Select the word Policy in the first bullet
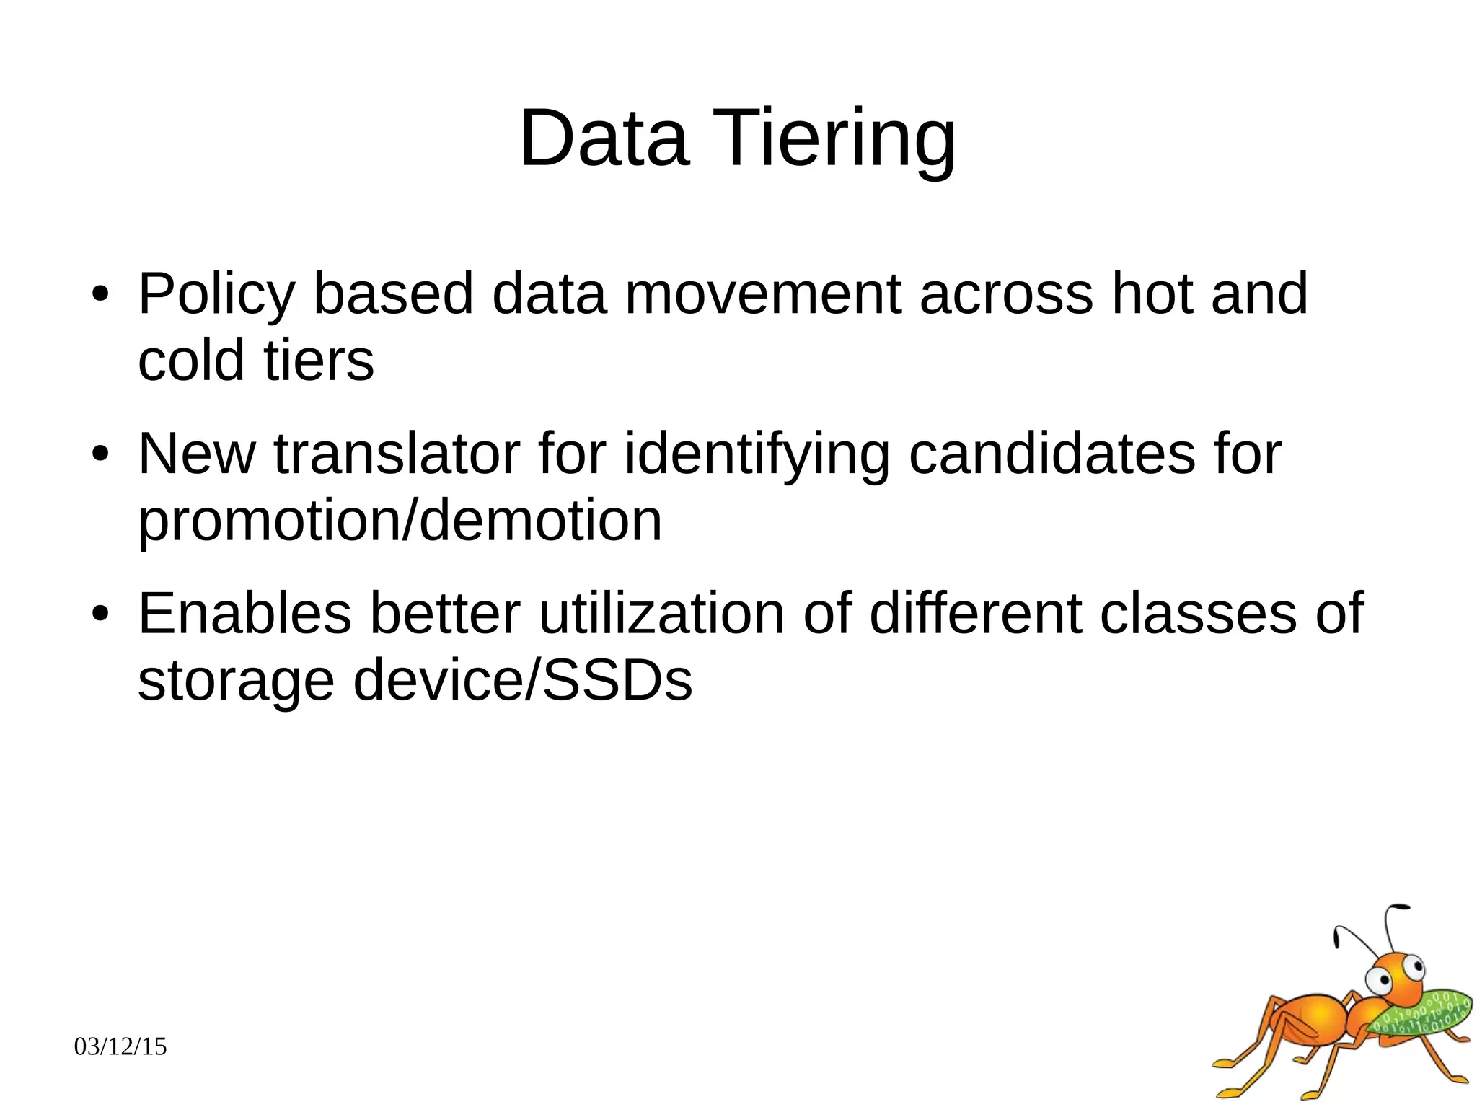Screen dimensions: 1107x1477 [216, 294]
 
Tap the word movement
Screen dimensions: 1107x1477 [762, 294]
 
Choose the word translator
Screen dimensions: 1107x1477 [397, 454]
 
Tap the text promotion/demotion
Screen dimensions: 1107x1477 [400, 520]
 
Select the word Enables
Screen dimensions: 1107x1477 [244, 614]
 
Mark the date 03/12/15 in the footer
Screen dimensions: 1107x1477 [120, 1046]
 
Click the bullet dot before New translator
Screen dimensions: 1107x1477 [100, 454]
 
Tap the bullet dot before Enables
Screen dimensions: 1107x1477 [100, 614]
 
